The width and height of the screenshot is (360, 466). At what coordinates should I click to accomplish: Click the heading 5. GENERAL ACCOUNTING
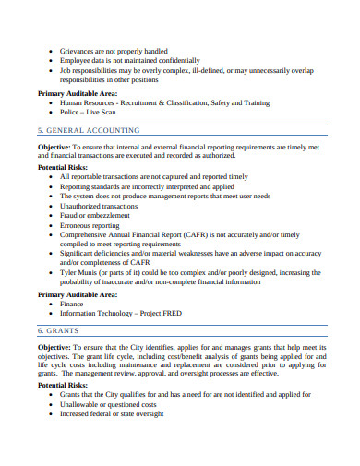coord(89,131)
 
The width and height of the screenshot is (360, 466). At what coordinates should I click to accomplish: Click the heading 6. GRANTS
coord(57,329)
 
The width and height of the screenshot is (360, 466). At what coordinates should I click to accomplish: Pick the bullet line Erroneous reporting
coord(90,224)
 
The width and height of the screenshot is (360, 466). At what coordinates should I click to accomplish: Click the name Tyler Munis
coord(84,273)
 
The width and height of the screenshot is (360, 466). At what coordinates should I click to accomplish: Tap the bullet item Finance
coord(72,303)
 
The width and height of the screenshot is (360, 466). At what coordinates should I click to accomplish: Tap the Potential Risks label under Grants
coord(63,385)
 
